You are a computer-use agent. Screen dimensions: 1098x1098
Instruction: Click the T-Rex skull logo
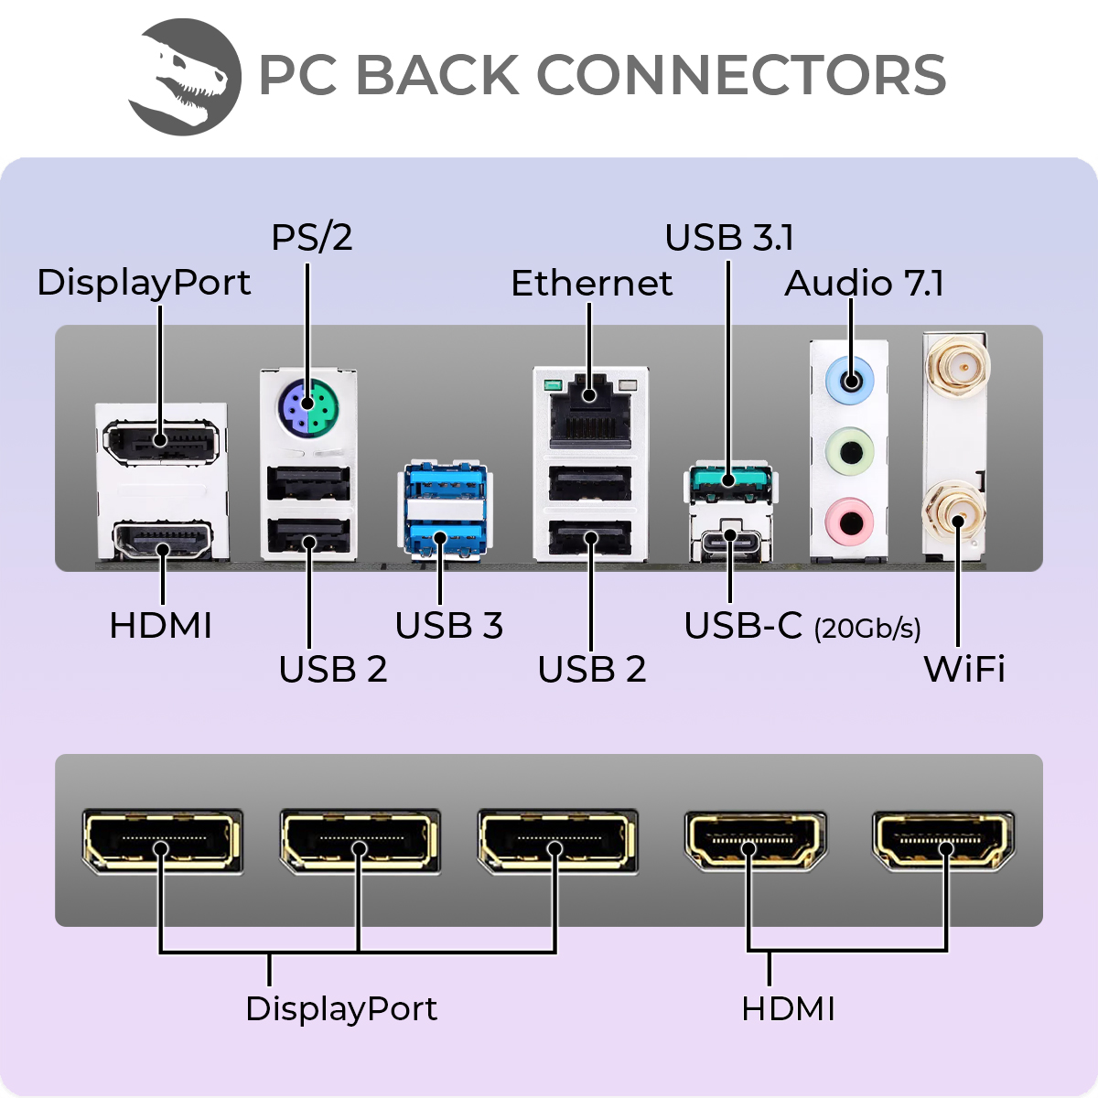click(x=185, y=78)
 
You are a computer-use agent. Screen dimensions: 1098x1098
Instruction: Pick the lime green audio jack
click(x=850, y=451)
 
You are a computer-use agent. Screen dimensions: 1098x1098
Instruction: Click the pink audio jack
click(x=850, y=522)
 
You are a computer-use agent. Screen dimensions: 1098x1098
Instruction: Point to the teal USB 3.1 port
click(x=729, y=481)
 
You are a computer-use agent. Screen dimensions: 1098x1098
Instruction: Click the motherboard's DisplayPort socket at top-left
click(x=162, y=441)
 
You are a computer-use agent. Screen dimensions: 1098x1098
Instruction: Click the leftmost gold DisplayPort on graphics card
click(x=162, y=840)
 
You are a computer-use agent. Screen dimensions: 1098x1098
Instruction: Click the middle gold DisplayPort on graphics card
click(x=360, y=840)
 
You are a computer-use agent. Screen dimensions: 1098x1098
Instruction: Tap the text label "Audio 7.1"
click(x=864, y=284)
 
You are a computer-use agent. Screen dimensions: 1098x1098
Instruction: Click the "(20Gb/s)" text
click(x=867, y=629)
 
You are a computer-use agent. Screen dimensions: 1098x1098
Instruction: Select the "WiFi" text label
click(x=963, y=669)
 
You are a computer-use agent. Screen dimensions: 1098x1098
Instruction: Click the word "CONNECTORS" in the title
click(x=740, y=75)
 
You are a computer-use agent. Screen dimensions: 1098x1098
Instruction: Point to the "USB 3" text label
click(x=448, y=626)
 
